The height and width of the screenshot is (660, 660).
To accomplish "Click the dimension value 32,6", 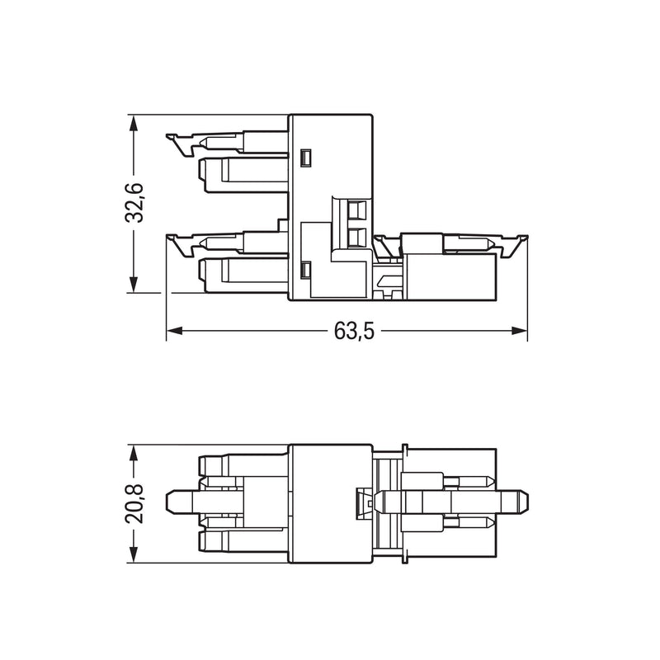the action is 134,202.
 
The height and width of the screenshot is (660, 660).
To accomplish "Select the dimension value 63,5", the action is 354,331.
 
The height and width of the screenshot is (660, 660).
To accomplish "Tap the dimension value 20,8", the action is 134,503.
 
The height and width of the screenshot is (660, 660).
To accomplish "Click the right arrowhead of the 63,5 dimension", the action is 519,331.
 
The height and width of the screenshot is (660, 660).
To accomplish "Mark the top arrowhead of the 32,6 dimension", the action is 134,123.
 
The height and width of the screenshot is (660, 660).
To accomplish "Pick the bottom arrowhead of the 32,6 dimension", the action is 134,284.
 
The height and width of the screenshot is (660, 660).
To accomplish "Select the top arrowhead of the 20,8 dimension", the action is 134,453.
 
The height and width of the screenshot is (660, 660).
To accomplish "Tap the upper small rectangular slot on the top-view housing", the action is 306,158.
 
